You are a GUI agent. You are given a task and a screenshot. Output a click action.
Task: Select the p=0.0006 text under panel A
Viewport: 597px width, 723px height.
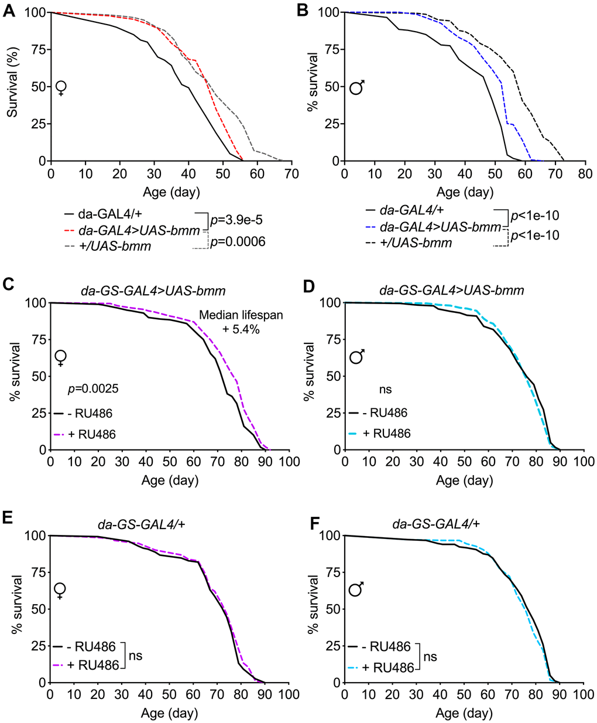pos(238,241)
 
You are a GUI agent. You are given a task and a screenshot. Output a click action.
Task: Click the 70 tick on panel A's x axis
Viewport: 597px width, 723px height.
pos(291,174)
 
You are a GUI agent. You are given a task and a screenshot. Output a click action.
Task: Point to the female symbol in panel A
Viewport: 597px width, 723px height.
pos(61,88)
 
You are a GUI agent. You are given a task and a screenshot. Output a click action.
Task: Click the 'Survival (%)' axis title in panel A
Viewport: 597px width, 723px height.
pos(12,86)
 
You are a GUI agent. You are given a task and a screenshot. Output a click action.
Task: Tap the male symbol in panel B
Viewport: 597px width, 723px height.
pos(357,88)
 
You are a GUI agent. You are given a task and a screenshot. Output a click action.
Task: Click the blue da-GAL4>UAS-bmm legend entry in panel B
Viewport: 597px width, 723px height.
pos(440,227)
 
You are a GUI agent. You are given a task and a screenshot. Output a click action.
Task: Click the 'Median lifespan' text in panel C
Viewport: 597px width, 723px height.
pos(241,315)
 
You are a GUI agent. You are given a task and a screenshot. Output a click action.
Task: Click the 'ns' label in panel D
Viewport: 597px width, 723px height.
pos(385,389)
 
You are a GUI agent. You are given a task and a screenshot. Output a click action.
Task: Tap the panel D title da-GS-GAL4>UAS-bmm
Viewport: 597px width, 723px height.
pos(451,289)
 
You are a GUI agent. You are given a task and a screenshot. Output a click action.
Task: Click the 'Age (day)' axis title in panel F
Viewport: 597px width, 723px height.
pos(464,714)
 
